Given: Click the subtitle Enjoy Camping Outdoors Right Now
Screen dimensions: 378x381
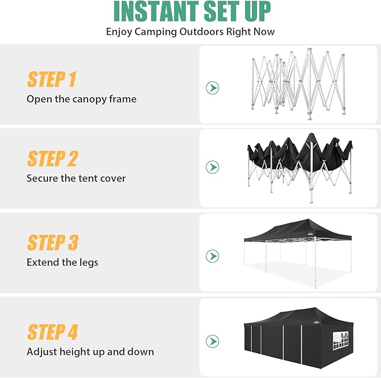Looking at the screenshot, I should (x=190, y=31).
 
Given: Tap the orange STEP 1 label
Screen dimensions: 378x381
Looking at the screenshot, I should (x=52, y=80).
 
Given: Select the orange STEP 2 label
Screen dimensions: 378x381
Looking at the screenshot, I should (x=52, y=159).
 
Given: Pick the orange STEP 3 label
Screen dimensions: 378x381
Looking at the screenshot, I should (x=53, y=243).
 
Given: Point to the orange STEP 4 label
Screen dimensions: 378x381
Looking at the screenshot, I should (x=53, y=332).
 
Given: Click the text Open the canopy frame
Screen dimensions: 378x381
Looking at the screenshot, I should (x=81, y=99).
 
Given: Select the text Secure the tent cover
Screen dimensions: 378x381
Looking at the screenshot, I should (x=76, y=179).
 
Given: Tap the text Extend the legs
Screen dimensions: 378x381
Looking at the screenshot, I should (x=62, y=262).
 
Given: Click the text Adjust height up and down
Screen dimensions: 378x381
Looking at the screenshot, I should (x=90, y=352).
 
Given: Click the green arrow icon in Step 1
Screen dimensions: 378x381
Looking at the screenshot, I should (x=212, y=88).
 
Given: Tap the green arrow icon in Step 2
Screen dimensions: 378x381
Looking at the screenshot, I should (x=212, y=167).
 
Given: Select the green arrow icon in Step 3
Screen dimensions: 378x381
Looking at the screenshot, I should (x=212, y=256).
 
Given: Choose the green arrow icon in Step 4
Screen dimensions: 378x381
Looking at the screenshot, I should (x=212, y=341).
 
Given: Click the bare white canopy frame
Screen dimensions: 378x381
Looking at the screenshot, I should (x=297, y=84).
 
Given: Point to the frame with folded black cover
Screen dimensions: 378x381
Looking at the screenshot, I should (x=300, y=163).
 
